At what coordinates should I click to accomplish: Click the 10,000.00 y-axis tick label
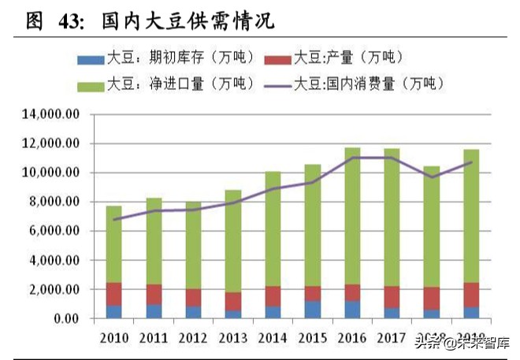pyautogui.click(x=51, y=173)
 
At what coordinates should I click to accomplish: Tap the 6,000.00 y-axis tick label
pyautogui.click(x=54, y=231)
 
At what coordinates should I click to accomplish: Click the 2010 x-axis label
pyautogui.click(x=114, y=338)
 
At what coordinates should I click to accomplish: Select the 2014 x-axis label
pyautogui.click(x=272, y=338)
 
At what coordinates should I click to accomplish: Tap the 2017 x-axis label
pyautogui.click(x=391, y=338)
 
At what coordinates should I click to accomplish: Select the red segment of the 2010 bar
pyautogui.click(x=114, y=294)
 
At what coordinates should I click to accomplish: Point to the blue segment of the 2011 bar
pyautogui.click(x=154, y=311)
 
